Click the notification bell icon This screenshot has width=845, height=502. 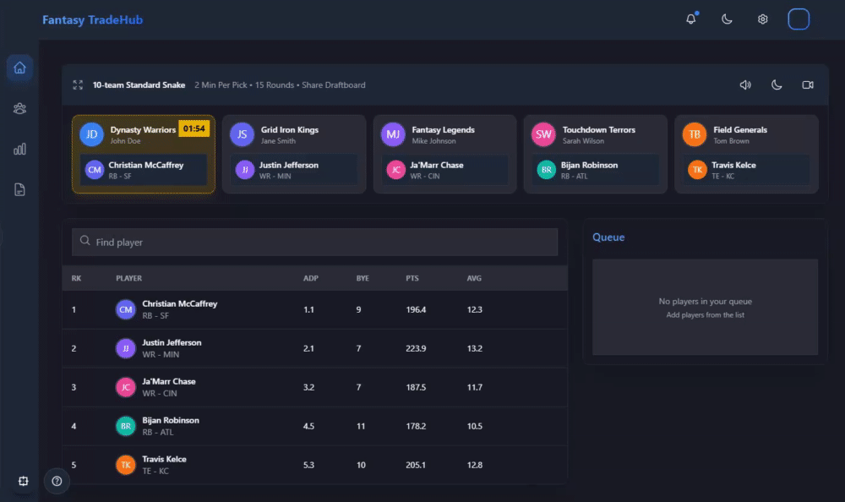(x=691, y=19)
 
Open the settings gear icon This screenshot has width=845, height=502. (x=762, y=19)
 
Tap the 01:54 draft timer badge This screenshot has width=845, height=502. (x=194, y=129)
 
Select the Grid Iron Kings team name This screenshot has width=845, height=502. (x=289, y=130)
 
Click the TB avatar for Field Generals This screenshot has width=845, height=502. (x=695, y=134)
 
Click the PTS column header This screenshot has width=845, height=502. (x=412, y=278)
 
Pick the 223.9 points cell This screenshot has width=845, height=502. (x=416, y=348)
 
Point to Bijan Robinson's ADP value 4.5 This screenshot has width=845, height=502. (x=308, y=426)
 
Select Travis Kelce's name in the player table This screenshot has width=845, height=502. (x=164, y=459)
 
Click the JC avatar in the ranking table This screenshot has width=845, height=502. (x=125, y=387)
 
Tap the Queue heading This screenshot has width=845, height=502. (x=608, y=237)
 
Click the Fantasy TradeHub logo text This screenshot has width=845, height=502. (x=93, y=19)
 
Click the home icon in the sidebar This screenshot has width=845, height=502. (x=19, y=68)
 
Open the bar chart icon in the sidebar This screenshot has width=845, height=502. (x=19, y=149)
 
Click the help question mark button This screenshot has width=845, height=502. (x=57, y=481)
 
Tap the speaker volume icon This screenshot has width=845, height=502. (x=745, y=85)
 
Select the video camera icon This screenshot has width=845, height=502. (x=808, y=85)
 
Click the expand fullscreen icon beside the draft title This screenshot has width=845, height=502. (x=78, y=85)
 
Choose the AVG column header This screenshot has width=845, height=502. (x=474, y=278)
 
